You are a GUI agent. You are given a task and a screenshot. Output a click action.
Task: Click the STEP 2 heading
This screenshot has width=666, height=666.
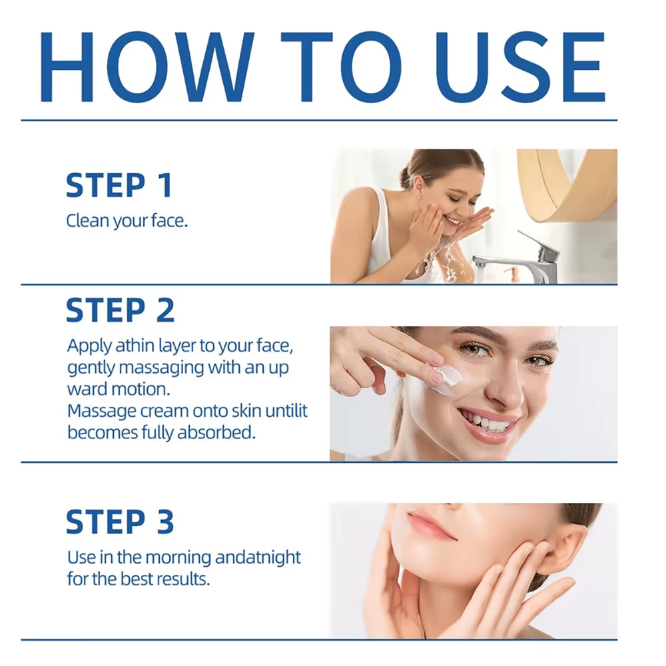tap(121, 310)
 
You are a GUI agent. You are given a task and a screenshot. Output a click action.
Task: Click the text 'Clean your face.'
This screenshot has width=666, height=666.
tap(127, 220)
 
